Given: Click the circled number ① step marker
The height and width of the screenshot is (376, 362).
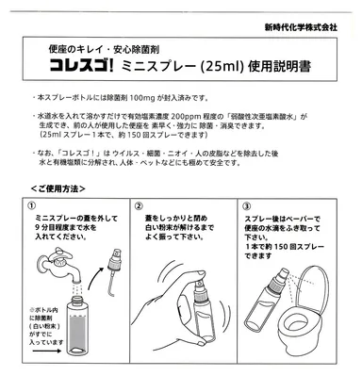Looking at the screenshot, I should tap(32, 205).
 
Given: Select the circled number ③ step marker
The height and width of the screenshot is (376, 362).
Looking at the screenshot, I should tap(246, 205).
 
